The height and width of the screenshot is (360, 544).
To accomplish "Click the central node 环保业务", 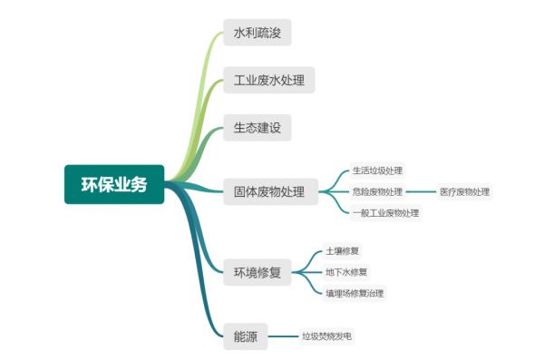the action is click(114, 184).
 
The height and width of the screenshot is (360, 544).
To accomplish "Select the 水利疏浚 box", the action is click(257, 33).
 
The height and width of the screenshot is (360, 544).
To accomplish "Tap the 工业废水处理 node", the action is click(269, 80).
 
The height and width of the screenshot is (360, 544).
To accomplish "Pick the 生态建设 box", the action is click(257, 127).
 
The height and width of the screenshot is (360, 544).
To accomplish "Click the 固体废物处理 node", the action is click(269, 191).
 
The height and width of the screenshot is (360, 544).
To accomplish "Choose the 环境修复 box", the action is click(257, 271).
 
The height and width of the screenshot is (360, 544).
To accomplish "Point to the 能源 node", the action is click(245, 336).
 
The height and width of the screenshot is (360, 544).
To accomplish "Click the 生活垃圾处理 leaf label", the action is click(377, 170).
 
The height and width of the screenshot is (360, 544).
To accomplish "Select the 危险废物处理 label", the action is click(377, 191).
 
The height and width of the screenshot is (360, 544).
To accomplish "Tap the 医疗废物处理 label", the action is click(464, 191).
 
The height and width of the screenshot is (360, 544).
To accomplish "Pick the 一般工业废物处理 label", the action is click(385, 213).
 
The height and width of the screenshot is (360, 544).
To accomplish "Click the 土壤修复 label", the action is click(344, 250).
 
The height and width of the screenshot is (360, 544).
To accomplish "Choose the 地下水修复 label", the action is click(347, 271).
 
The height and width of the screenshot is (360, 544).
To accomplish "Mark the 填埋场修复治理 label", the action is click(355, 293).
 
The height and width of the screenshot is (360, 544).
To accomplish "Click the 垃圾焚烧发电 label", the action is click(326, 336).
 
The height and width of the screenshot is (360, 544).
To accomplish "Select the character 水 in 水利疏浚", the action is click(239, 33).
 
